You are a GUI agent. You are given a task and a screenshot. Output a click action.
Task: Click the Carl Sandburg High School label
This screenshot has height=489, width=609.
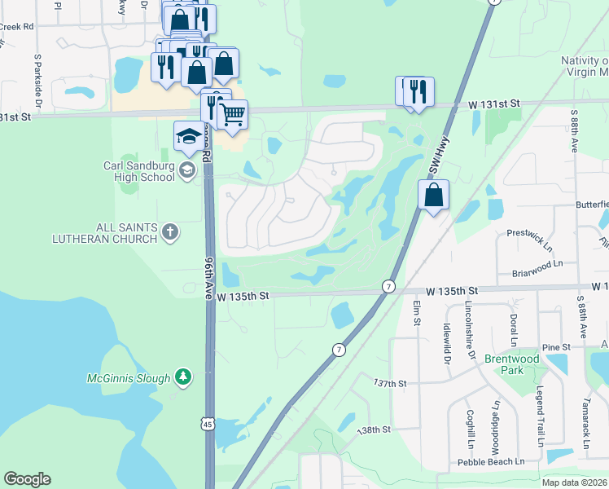click(x=139, y=171)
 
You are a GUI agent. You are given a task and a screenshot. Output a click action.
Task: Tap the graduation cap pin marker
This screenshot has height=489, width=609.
click(x=189, y=135)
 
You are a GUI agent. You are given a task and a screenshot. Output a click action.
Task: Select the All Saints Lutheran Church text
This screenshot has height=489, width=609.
click(x=103, y=232)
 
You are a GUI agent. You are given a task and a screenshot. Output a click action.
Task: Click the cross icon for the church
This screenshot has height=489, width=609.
click(x=169, y=233)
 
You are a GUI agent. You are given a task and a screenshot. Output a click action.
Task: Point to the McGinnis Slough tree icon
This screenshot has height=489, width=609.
click(x=185, y=377)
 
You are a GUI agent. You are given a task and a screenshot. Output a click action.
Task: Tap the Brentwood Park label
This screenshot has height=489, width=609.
click(x=511, y=364)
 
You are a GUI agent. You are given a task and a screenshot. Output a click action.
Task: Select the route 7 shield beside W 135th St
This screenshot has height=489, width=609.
click(x=389, y=287)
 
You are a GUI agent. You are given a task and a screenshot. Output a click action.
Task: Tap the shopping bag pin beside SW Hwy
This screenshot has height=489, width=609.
click(x=434, y=195)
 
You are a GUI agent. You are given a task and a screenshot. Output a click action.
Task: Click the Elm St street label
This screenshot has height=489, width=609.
click(x=416, y=313)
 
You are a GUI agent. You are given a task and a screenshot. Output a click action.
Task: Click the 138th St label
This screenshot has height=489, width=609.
click(x=375, y=430)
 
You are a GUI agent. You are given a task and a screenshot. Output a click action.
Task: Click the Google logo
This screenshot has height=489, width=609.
click(x=28, y=479)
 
